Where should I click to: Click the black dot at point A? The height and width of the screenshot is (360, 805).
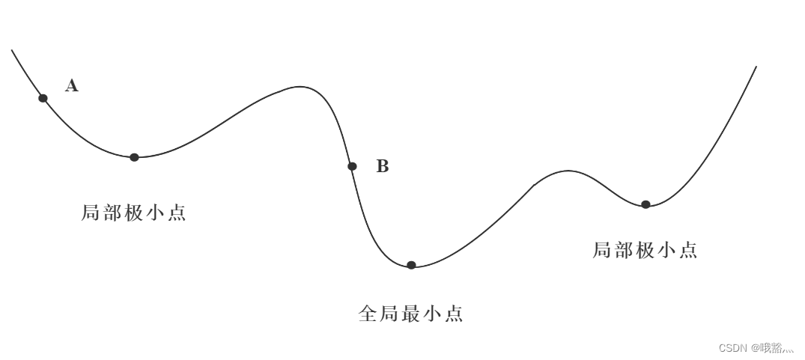pyautogui.click(x=43, y=98)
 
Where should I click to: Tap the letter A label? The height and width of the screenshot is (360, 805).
pyautogui.click(x=72, y=85)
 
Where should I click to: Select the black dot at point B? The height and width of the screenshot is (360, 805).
pyautogui.click(x=352, y=166)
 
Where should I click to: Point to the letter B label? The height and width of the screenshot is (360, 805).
pyautogui.click(x=382, y=166)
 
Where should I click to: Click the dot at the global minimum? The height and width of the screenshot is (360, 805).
pyautogui.click(x=411, y=265)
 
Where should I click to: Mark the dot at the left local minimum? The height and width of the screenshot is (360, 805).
pyautogui.click(x=134, y=157)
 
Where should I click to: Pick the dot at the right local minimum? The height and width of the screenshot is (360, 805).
pyautogui.click(x=645, y=204)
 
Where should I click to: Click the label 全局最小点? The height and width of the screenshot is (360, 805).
pyautogui.click(x=410, y=314)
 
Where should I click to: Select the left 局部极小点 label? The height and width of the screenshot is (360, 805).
pyautogui.click(x=133, y=213)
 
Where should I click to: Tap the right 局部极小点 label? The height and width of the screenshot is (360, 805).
pyautogui.click(x=645, y=251)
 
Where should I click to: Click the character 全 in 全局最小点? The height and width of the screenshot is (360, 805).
pyautogui.click(x=368, y=314)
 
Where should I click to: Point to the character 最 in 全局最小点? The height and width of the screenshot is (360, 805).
pyautogui.click(x=410, y=314)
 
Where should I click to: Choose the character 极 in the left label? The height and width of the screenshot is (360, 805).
pyautogui.click(x=133, y=213)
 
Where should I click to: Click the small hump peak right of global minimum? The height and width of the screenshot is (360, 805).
pyautogui.click(x=568, y=171)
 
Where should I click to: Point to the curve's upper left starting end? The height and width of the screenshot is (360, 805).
pyautogui.click(x=12, y=50)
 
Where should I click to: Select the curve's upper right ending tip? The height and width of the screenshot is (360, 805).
pyautogui.click(x=756, y=67)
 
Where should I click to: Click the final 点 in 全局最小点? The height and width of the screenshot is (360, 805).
pyautogui.click(x=454, y=314)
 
